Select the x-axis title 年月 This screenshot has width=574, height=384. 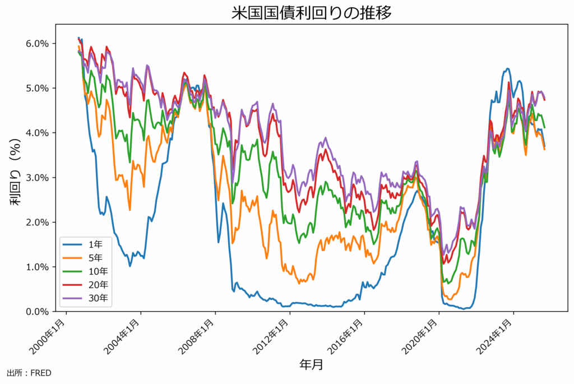click(311, 365)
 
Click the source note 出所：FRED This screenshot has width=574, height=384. click(29, 373)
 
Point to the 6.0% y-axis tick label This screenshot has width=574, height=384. click(38, 44)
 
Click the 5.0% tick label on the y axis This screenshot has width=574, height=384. click(38, 89)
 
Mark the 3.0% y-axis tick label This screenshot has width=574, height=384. click(38, 178)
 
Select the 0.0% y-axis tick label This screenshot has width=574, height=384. click(38, 312)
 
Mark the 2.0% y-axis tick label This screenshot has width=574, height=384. click(38, 223)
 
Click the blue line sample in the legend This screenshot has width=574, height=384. click(73, 244)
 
